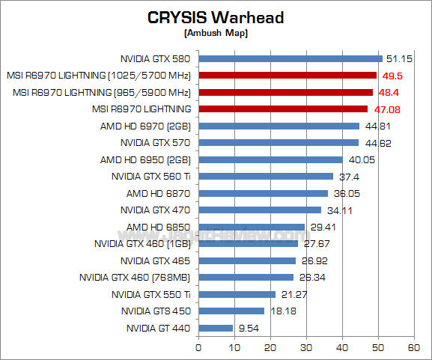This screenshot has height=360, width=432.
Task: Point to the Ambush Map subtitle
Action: pyautogui.click(x=215, y=33)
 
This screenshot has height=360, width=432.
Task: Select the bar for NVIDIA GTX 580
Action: pyautogui.click(x=290, y=58)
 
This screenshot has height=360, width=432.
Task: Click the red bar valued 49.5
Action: pyautogui.click(x=288, y=75)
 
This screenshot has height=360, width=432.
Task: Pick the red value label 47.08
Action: pyautogui.click(x=387, y=109)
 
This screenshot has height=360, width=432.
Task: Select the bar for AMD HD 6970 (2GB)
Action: pyautogui.click(x=279, y=126)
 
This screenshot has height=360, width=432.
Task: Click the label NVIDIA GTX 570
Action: pyautogui.click(x=155, y=142)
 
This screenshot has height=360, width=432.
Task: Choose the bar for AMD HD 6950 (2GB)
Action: pyautogui.click(x=270, y=159)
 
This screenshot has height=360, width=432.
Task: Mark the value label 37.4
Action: pyautogui.click(x=350, y=177)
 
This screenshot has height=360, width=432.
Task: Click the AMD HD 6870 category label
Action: pyautogui.click(x=158, y=193)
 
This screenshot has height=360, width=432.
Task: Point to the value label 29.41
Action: pyautogui.click(x=323, y=227)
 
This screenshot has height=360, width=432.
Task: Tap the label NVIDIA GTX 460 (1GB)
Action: pyautogui.click(x=142, y=243)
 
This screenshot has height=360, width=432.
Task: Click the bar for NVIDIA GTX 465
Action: pyautogui.click(x=247, y=260)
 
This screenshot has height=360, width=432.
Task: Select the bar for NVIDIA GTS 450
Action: pyautogui.click(x=231, y=311)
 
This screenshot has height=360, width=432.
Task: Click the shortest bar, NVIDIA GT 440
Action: pyautogui.click(x=216, y=328)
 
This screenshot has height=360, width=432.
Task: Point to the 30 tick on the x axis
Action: pyautogui.click(x=306, y=347)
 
